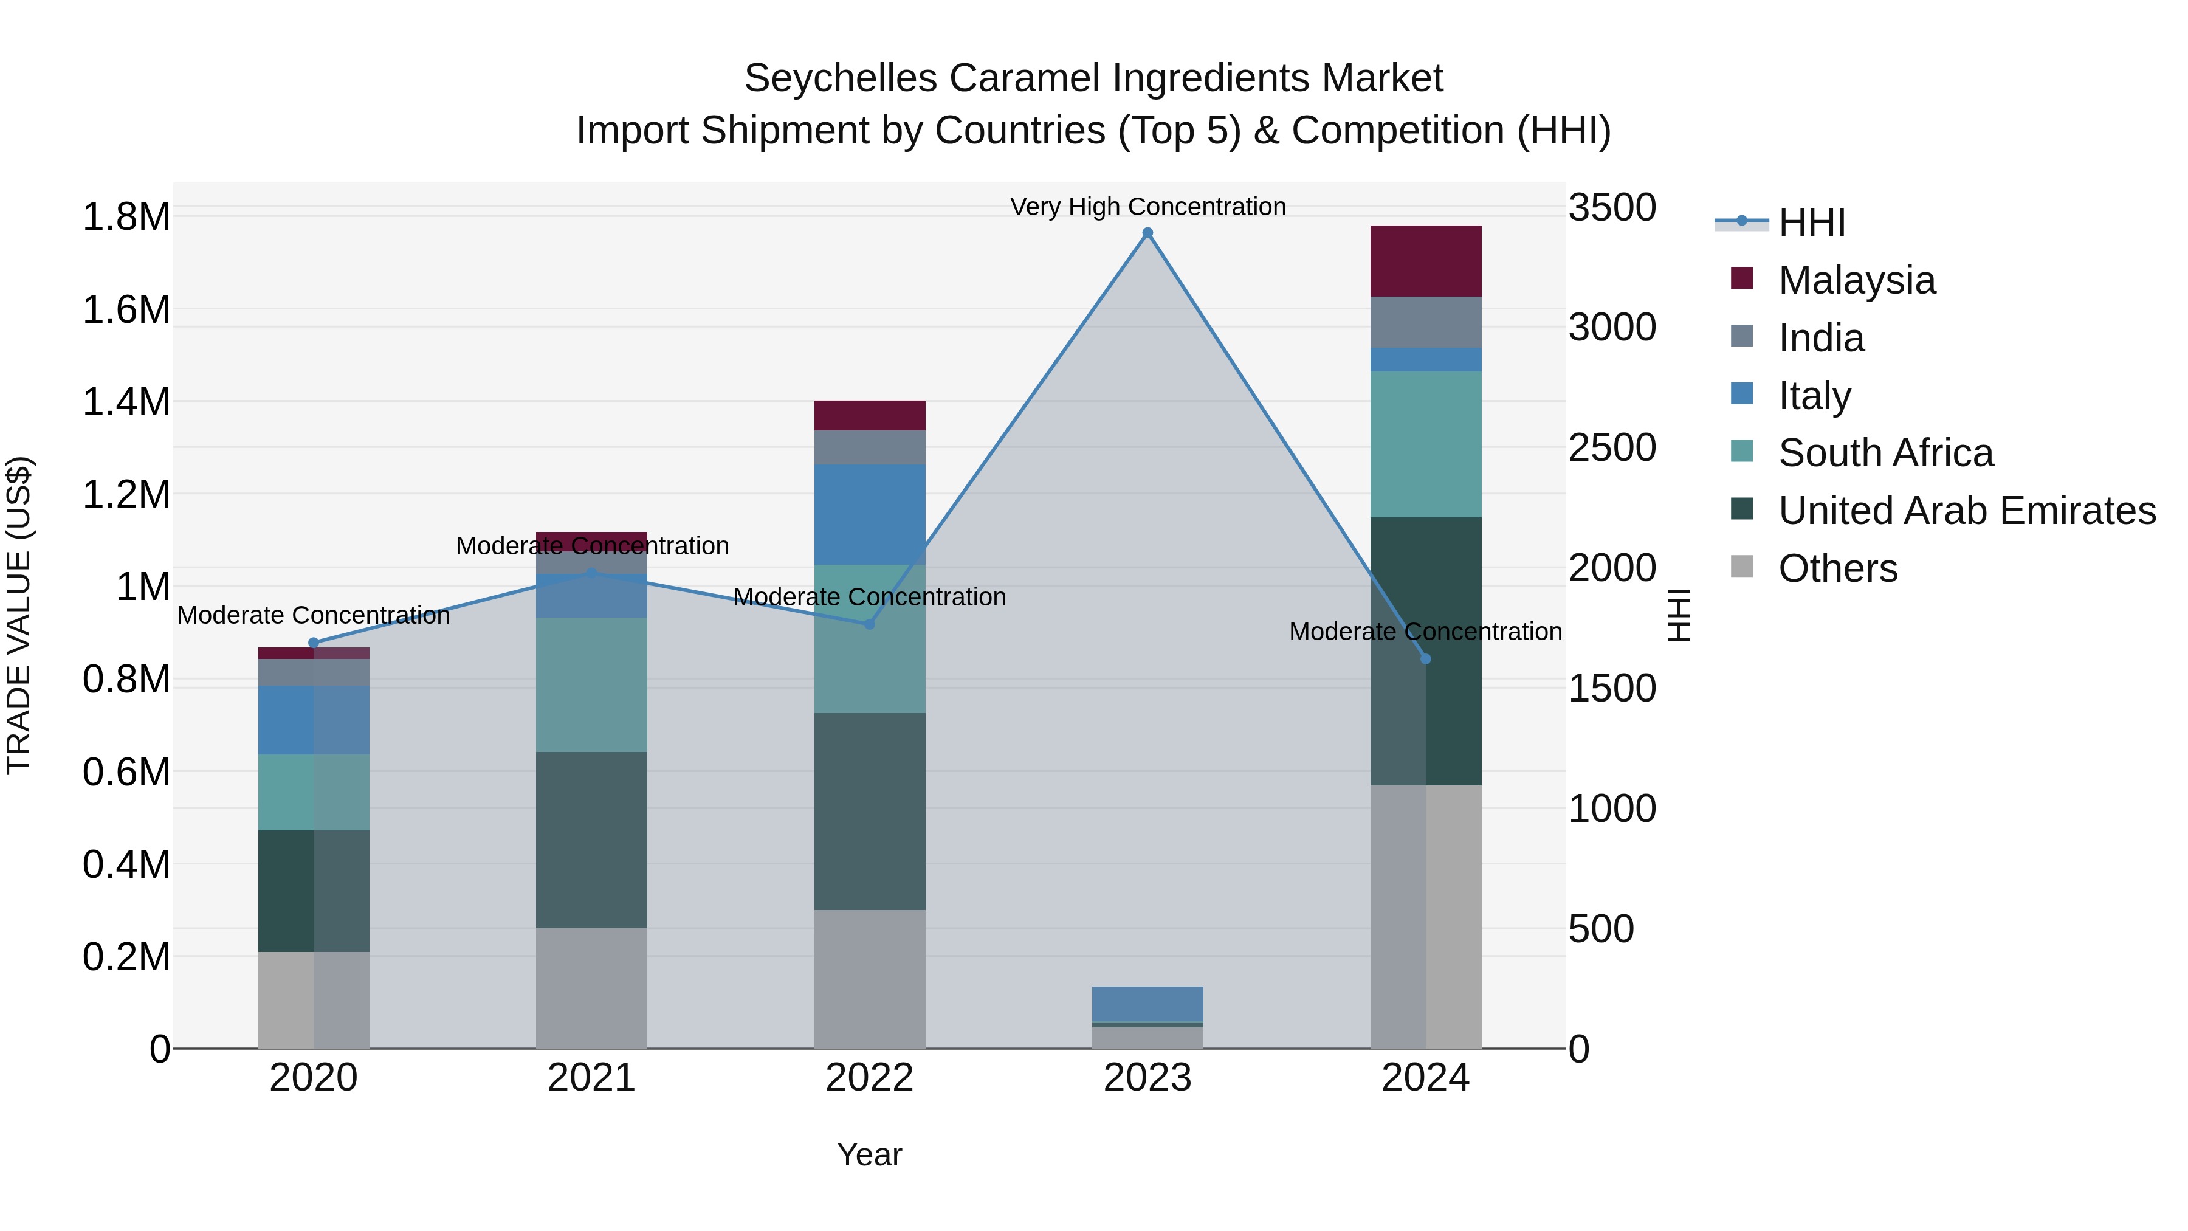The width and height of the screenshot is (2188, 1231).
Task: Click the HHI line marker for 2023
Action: (x=1147, y=233)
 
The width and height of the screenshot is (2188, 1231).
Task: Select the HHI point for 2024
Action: (x=1425, y=659)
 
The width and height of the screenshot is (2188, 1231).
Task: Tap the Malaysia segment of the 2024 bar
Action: (x=1425, y=261)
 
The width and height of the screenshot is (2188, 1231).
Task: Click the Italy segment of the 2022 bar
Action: (x=869, y=514)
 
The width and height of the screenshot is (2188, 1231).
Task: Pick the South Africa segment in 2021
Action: (x=591, y=684)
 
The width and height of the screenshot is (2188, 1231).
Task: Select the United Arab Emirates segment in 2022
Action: (x=869, y=812)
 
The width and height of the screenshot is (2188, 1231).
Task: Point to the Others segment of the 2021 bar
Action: (x=591, y=987)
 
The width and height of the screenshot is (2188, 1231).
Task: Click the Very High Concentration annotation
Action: (x=1147, y=207)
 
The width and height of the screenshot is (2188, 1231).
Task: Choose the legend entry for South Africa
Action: (x=1885, y=453)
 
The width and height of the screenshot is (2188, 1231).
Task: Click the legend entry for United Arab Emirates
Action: (x=1966, y=511)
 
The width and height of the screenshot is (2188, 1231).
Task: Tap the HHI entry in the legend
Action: (x=1811, y=222)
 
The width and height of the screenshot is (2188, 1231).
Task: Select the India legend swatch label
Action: (x=1821, y=338)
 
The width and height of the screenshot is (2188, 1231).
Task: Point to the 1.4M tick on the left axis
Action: (x=126, y=402)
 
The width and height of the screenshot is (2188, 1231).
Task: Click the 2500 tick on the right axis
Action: (x=1611, y=447)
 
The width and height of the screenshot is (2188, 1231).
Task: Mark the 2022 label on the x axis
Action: (x=869, y=1078)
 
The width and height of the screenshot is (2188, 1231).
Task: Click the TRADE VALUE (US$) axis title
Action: (x=19, y=615)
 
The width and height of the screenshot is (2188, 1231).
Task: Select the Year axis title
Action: (x=869, y=1154)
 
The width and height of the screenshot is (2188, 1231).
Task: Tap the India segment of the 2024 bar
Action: (x=1425, y=322)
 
